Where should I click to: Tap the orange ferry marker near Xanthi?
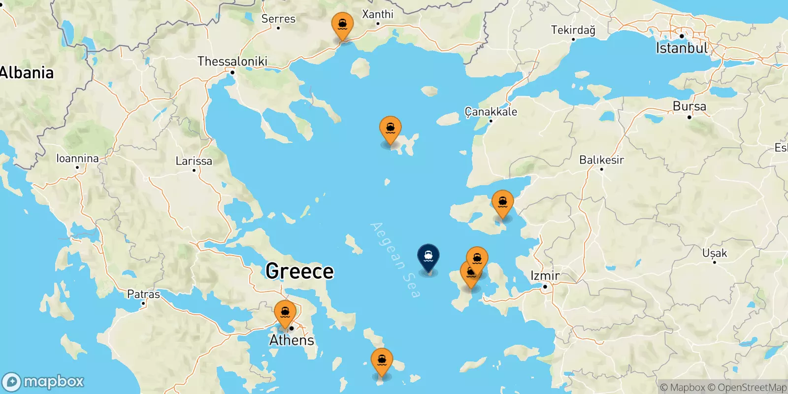coord(342,25)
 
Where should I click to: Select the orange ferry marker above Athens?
coord(285,312)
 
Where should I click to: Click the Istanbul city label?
coord(682,48)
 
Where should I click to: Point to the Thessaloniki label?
coord(232,62)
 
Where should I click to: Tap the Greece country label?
coord(299,271)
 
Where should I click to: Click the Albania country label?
coord(27,73)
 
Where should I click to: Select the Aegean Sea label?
coord(396,260)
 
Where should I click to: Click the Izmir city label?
coord(545,276)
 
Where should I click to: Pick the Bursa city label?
coord(689,106)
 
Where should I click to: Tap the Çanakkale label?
coord(491,112)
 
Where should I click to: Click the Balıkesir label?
coord(601,160)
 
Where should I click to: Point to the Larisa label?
coord(194,161)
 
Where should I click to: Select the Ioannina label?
coord(77,159)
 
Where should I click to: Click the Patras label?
coord(143,295)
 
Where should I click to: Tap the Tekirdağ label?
coord(573,30)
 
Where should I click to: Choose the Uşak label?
coord(714,253)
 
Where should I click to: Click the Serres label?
coord(278,19)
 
